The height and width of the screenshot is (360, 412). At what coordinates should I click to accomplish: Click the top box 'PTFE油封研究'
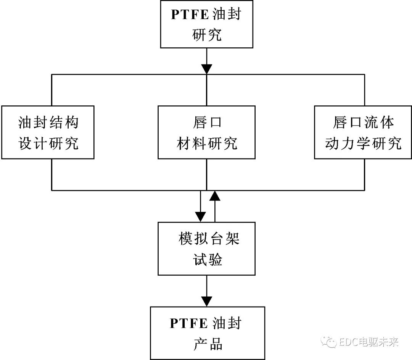pyautogui.click(x=206, y=24)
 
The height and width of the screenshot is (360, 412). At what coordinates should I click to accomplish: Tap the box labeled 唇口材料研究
pyautogui.click(x=206, y=132)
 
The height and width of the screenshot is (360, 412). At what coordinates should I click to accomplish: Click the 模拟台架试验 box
pyautogui.click(x=206, y=249)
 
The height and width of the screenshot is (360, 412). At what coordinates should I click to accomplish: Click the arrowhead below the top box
pyautogui.click(x=206, y=69)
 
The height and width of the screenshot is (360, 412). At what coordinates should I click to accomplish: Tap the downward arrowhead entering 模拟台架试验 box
pyautogui.click(x=201, y=218)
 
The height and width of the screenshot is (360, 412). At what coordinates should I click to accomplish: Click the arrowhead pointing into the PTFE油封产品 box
pyautogui.click(x=206, y=301)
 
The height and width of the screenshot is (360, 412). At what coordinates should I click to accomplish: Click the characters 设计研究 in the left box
pyautogui.click(x=48, y=144)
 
